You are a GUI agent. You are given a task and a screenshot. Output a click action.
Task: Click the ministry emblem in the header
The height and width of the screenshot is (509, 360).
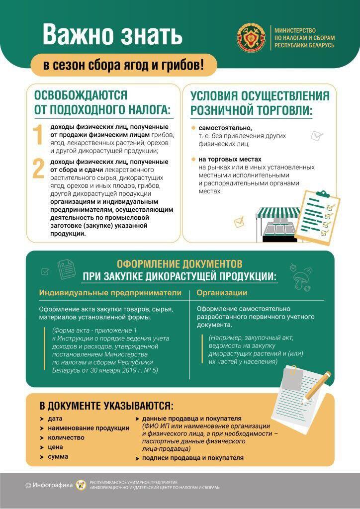[x=252, y=37]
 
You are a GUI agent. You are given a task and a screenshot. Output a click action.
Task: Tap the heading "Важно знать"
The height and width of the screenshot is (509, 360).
[x=112, y=35]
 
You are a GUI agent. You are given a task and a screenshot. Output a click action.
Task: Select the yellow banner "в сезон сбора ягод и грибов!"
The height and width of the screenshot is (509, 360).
[x=123, y=65]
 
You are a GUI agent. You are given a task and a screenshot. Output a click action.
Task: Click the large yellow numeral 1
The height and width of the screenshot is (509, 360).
[x=38, y=136]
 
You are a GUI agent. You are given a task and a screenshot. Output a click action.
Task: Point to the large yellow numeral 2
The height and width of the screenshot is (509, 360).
[x=39, y=169]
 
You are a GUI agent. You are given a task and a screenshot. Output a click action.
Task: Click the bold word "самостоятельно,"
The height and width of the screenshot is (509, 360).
[x=222, y=128]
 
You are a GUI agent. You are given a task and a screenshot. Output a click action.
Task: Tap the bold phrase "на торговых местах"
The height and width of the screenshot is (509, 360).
[x=228, y=160]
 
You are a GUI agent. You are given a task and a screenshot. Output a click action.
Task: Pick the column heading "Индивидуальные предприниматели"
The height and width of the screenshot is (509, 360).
[x=110, y=293]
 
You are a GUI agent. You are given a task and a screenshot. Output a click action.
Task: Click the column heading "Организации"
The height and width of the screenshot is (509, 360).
[x=222, y=293]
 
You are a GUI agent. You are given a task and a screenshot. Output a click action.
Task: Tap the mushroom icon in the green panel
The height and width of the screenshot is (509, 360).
[x=301, y=279]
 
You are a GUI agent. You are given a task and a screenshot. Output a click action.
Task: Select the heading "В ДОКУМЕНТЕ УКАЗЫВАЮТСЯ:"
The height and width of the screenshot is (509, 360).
[x=106, y=405]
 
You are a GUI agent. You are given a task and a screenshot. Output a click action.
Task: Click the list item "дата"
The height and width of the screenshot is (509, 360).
[x=55, y=419]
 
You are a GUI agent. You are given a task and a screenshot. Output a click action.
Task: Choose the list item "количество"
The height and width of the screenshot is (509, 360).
[x=66, y=437]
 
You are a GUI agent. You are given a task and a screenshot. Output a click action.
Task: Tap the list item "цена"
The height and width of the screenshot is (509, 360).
[x=55, y=447]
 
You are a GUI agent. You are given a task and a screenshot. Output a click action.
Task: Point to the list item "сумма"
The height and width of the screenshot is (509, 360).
[x=58, y=456]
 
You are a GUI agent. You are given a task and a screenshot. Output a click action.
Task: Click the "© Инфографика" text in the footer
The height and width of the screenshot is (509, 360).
[x=49, y=485]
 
